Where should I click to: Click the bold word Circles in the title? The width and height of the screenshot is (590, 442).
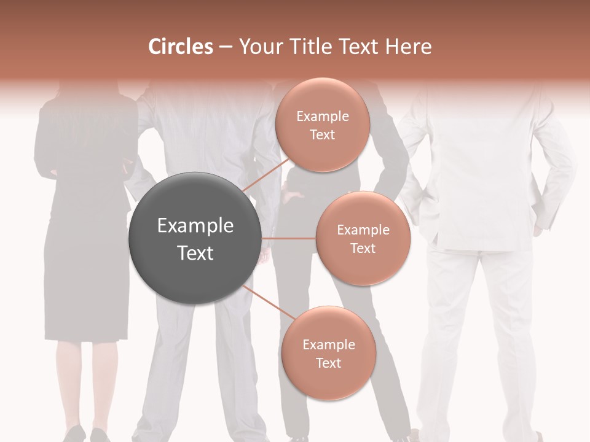180,47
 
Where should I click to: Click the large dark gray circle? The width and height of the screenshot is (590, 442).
195,238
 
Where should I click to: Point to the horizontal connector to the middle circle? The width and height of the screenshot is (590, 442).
289,238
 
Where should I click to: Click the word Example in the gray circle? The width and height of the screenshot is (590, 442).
195,226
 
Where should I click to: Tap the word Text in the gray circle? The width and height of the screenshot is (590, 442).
195,253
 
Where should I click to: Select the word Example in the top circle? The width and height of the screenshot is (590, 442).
322,117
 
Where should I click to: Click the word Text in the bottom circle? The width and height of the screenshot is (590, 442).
328,363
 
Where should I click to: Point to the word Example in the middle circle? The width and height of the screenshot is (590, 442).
363,230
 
